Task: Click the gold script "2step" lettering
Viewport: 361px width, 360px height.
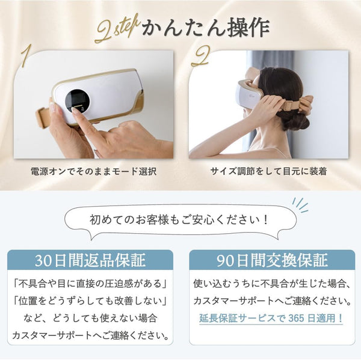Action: (x=117, y=29)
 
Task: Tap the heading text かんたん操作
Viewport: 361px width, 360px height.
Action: (x=206, y=28)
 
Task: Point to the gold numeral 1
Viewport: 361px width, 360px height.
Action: (x=26, y=56)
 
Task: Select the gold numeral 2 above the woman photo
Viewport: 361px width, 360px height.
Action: (x=200, y=56)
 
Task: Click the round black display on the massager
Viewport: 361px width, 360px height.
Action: (x=78, y=101)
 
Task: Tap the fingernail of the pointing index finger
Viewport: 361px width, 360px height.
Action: (x=75, y=109)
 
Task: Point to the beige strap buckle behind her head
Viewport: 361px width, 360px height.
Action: (x=291, y=105)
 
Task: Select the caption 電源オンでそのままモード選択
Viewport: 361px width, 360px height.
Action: (x=93, y=172)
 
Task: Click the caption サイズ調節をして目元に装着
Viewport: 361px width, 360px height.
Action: (x=268, y=171)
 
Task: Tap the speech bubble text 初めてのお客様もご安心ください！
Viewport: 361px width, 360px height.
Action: (x=179, y=220)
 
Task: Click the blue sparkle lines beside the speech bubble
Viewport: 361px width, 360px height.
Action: (x=300, y=205)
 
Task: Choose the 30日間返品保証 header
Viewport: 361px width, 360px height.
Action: (x=90, y=260)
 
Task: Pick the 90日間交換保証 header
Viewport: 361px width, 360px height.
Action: (x=272, y=260)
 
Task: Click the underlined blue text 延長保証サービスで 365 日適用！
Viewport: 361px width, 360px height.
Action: (x=271, y=319)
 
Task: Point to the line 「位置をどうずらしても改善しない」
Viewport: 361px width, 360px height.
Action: (x=90, y=301)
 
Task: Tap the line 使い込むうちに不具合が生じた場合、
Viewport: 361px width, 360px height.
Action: (x=272, y=284)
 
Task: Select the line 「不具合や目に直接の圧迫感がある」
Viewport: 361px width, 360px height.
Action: (x=90, y=284)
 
